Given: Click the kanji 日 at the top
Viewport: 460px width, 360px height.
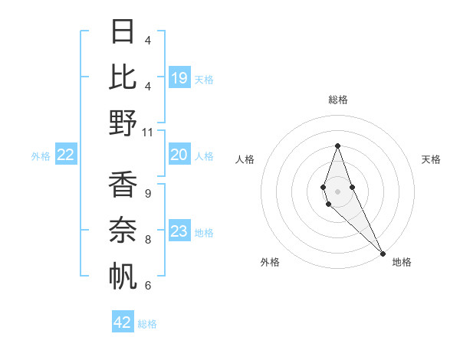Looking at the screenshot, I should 123,32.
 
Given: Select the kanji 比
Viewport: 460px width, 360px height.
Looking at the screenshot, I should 123,77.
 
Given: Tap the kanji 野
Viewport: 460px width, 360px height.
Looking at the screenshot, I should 123,123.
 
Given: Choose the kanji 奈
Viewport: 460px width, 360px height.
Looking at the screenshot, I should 123,231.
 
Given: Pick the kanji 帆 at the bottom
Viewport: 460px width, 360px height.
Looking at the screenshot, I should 123,276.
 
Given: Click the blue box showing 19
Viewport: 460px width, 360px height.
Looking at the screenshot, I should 179,77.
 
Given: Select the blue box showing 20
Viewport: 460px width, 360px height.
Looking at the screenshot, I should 179,155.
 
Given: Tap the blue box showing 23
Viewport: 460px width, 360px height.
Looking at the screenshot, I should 179,231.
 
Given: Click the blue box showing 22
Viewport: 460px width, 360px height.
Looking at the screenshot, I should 66,155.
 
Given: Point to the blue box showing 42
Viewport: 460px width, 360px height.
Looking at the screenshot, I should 123,322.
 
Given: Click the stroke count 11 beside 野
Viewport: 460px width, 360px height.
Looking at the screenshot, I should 148,133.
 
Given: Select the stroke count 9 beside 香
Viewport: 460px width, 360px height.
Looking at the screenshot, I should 148,195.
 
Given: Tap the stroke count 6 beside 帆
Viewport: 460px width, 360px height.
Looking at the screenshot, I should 148,286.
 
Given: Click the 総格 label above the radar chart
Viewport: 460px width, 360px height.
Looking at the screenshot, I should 337,100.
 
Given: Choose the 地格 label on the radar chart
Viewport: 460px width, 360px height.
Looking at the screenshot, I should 402,262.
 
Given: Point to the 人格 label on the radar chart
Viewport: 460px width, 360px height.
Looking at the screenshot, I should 245,159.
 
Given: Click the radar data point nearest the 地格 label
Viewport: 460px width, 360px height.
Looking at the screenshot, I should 383,253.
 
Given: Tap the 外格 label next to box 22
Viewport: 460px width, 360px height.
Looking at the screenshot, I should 41,156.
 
